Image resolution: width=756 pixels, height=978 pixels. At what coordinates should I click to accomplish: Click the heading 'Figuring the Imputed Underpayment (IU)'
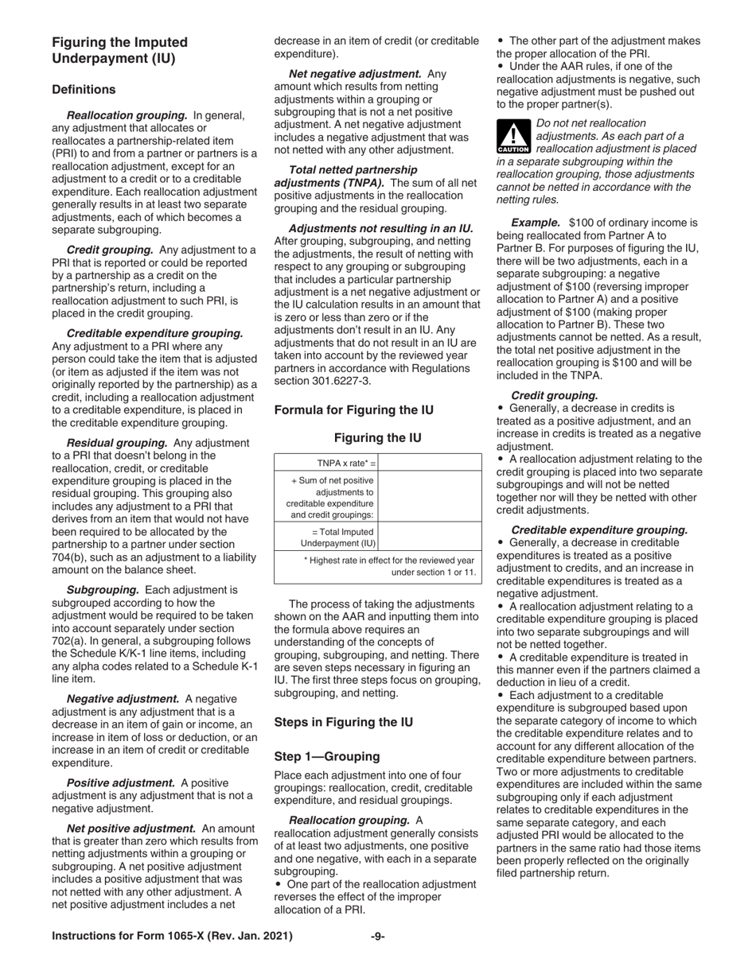tap(119, 50)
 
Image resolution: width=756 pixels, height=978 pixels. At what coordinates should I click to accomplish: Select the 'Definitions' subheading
tap(84, 90)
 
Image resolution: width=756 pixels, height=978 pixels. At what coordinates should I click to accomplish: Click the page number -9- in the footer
tap(378, 936)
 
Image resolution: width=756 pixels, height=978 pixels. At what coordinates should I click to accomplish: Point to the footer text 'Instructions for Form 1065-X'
tap(172, 936)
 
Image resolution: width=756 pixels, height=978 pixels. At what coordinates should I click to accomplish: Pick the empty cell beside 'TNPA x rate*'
tap(431, 463)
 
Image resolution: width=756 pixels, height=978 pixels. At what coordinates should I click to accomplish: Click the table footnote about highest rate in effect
tap(389, 566)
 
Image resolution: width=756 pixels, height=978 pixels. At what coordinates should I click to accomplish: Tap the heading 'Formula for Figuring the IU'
tap(353, 410)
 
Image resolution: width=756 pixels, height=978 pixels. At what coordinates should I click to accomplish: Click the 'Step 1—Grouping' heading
tap(327, 756)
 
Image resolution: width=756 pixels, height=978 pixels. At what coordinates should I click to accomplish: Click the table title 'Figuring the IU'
tap(377, 438)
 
